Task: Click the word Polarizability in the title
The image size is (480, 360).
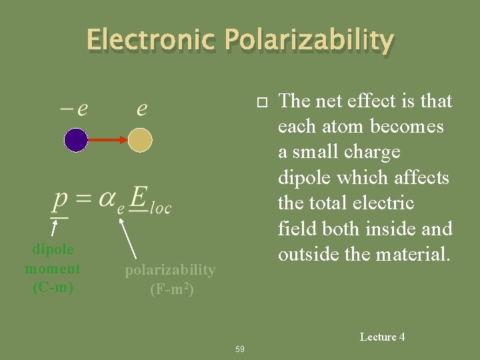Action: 309,41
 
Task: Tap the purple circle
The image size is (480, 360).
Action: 76,140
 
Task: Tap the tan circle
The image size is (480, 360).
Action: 140,140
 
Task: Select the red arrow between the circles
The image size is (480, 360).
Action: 108,140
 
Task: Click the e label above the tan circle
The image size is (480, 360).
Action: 141,109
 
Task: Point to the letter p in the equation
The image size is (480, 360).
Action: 60,199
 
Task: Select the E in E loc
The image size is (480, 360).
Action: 137,198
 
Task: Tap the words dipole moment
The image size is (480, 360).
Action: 53,259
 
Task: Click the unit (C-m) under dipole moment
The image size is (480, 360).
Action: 53,287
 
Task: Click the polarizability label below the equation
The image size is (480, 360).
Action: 171,270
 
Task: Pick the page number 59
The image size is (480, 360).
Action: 240,349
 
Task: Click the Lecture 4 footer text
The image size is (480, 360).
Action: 382,337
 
